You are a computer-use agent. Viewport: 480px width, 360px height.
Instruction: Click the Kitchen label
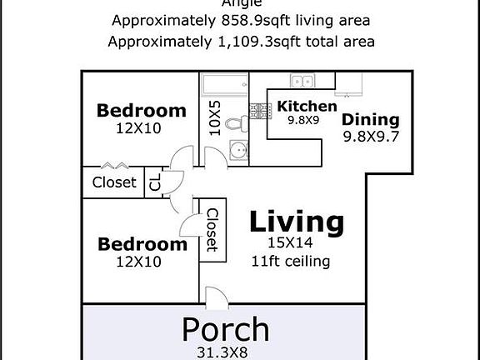click(x=307, y=106)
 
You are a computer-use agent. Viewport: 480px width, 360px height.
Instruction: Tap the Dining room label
click(x=371, y=119)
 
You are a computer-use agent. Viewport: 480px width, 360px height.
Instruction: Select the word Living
click(x=297, y=222)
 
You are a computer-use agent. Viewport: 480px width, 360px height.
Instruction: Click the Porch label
click(x=226, y=329)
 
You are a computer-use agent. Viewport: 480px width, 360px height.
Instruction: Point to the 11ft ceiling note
click(x=291, y=261)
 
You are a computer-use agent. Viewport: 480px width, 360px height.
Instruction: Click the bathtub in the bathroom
click(x=223, y=85)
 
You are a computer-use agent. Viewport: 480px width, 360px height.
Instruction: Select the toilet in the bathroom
click(x=237, y=123)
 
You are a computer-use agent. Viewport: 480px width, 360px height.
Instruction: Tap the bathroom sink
click(x=238, y=152)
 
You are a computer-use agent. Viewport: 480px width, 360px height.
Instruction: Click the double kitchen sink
click(x=302, y=81)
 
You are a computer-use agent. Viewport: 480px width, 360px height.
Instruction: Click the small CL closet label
click(x=155, y=182)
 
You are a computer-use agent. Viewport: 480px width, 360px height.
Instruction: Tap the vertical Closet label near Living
click(x=212, y=230)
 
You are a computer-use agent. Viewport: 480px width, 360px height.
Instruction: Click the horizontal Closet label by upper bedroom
click(x=114, y=182)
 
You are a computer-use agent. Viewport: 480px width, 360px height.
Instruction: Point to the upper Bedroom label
click(x=142, y=110)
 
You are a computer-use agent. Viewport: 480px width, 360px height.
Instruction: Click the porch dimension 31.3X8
click(x=226, y=352)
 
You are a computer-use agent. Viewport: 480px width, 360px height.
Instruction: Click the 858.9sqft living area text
click(x=242, y=20)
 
